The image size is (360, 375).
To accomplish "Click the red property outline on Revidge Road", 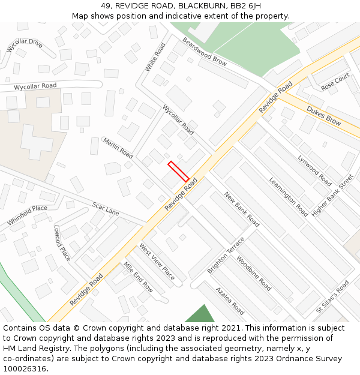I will click(x=178, y=171).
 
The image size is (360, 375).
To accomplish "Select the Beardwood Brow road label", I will click(x=205, y=53).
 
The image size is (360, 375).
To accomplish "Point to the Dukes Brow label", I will click(x=323, y=115).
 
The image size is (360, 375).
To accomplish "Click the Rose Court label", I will click(x=335, y=82).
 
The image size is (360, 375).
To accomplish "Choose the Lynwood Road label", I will click(x=314, y=170).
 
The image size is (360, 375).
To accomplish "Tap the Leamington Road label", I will click(x=288, y=197).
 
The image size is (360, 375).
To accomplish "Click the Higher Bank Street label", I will click(x=333, y=196).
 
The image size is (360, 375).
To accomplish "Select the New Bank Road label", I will click(x=241, y=209).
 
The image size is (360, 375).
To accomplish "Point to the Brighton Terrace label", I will click(x=226, y=256).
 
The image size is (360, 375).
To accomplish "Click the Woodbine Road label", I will click(x=253, y=274).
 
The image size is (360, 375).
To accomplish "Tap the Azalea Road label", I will click(x=230, y=301).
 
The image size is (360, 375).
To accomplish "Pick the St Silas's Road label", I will click(x=332, y=298).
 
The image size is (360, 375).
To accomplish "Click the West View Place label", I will click(x=157, y=262).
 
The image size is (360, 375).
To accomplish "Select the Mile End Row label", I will click(x=138, y=277).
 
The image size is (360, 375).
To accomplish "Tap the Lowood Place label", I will click(x=62, y=243).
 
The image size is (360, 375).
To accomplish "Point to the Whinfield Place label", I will click(x=28, y=215).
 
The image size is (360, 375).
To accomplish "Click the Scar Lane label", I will click(x=106, y=208).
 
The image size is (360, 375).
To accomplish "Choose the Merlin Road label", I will click(x=118, y=147).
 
